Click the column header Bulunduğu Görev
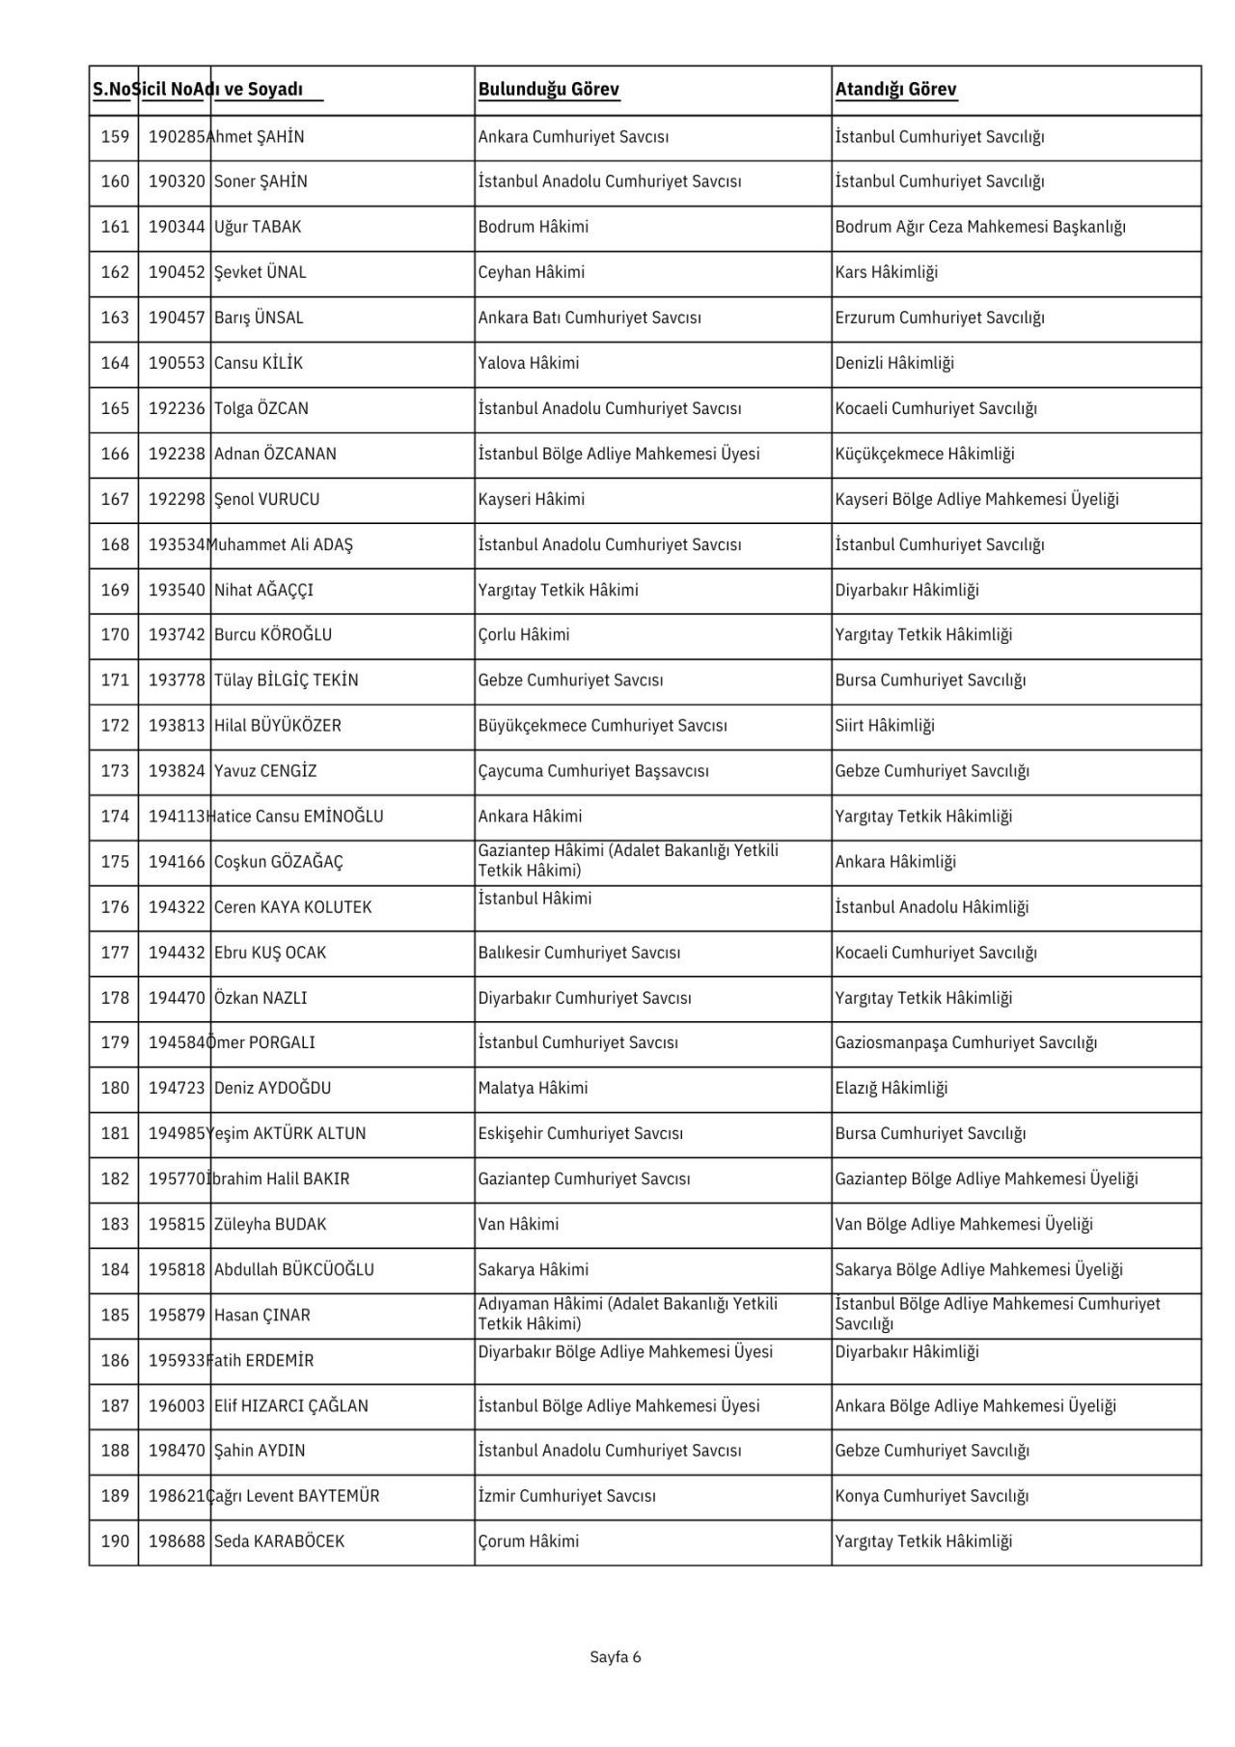[548, 90]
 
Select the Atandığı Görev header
[895, 90]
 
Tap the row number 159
[115, 137]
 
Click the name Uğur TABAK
[258, 228]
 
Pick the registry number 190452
[177, 273]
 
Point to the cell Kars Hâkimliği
[886, 273]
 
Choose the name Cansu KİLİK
[259, 364]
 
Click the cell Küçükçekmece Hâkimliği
[924, 455]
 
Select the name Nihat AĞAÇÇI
[263, 591]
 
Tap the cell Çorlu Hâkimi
[524, 635]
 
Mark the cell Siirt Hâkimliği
[885, 726]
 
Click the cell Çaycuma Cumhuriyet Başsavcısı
[593, 771]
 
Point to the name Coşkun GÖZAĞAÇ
[279, 862]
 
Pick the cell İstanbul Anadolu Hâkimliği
[931, 907]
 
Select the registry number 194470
[177, 998]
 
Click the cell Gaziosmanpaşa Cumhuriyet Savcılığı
[966, 1043]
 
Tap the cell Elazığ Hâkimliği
[892, 1089]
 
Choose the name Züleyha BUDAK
[270, 1225]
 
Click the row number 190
[115, 1542]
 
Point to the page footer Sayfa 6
[616, 1657]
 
